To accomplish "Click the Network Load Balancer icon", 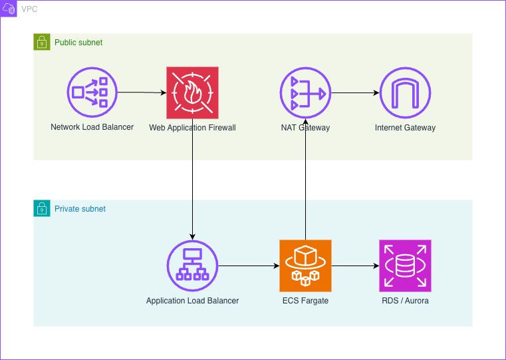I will coord(92,92).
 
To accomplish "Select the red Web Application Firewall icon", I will coord(192,92).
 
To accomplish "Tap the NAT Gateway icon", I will coord(305,92).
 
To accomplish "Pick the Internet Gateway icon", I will coord(405,92).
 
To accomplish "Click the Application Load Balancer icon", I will coord(192,266).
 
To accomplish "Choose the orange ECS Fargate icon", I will coord(305,266).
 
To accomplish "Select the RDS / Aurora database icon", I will coord(405,266).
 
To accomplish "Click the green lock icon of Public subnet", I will coord(42,42).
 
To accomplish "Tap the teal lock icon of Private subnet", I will coord(42,208).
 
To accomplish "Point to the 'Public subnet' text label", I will coord(78,43).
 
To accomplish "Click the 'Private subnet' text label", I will coord(80,209).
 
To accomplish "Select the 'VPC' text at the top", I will coord(30,9).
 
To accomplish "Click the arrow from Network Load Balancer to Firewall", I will coord(142,92).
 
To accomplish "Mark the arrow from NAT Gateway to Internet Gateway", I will coord(355,92).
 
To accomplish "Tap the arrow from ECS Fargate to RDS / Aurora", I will coord(355,266).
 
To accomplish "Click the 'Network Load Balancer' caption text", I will coord(92,127).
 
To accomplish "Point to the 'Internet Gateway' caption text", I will coord(405,128).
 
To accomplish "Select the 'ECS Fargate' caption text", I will coord(305,301).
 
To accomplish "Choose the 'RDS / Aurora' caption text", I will coord(405,301).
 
